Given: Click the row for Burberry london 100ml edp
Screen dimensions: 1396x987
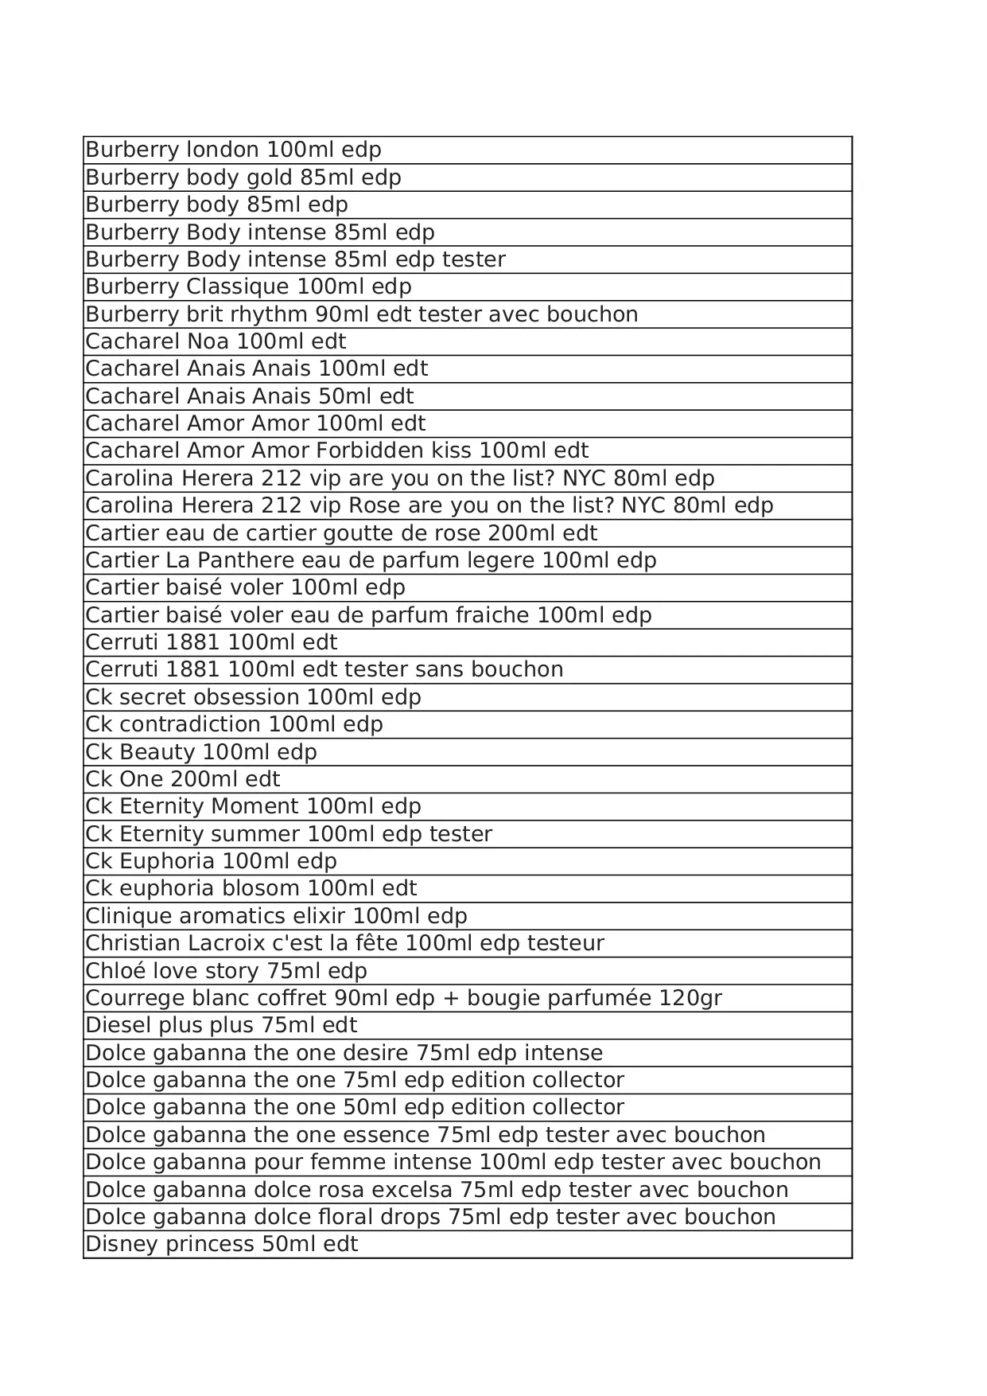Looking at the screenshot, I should point(233,150).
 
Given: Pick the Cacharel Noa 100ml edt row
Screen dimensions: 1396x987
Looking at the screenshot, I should point(216,341).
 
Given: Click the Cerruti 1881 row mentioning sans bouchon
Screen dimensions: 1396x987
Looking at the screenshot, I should point(324,669).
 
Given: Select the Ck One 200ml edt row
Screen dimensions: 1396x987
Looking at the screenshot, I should point(183,779).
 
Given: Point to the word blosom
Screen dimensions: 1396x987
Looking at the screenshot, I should point(260,888).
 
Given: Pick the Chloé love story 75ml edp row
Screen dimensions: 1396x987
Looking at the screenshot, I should point(226,971).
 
